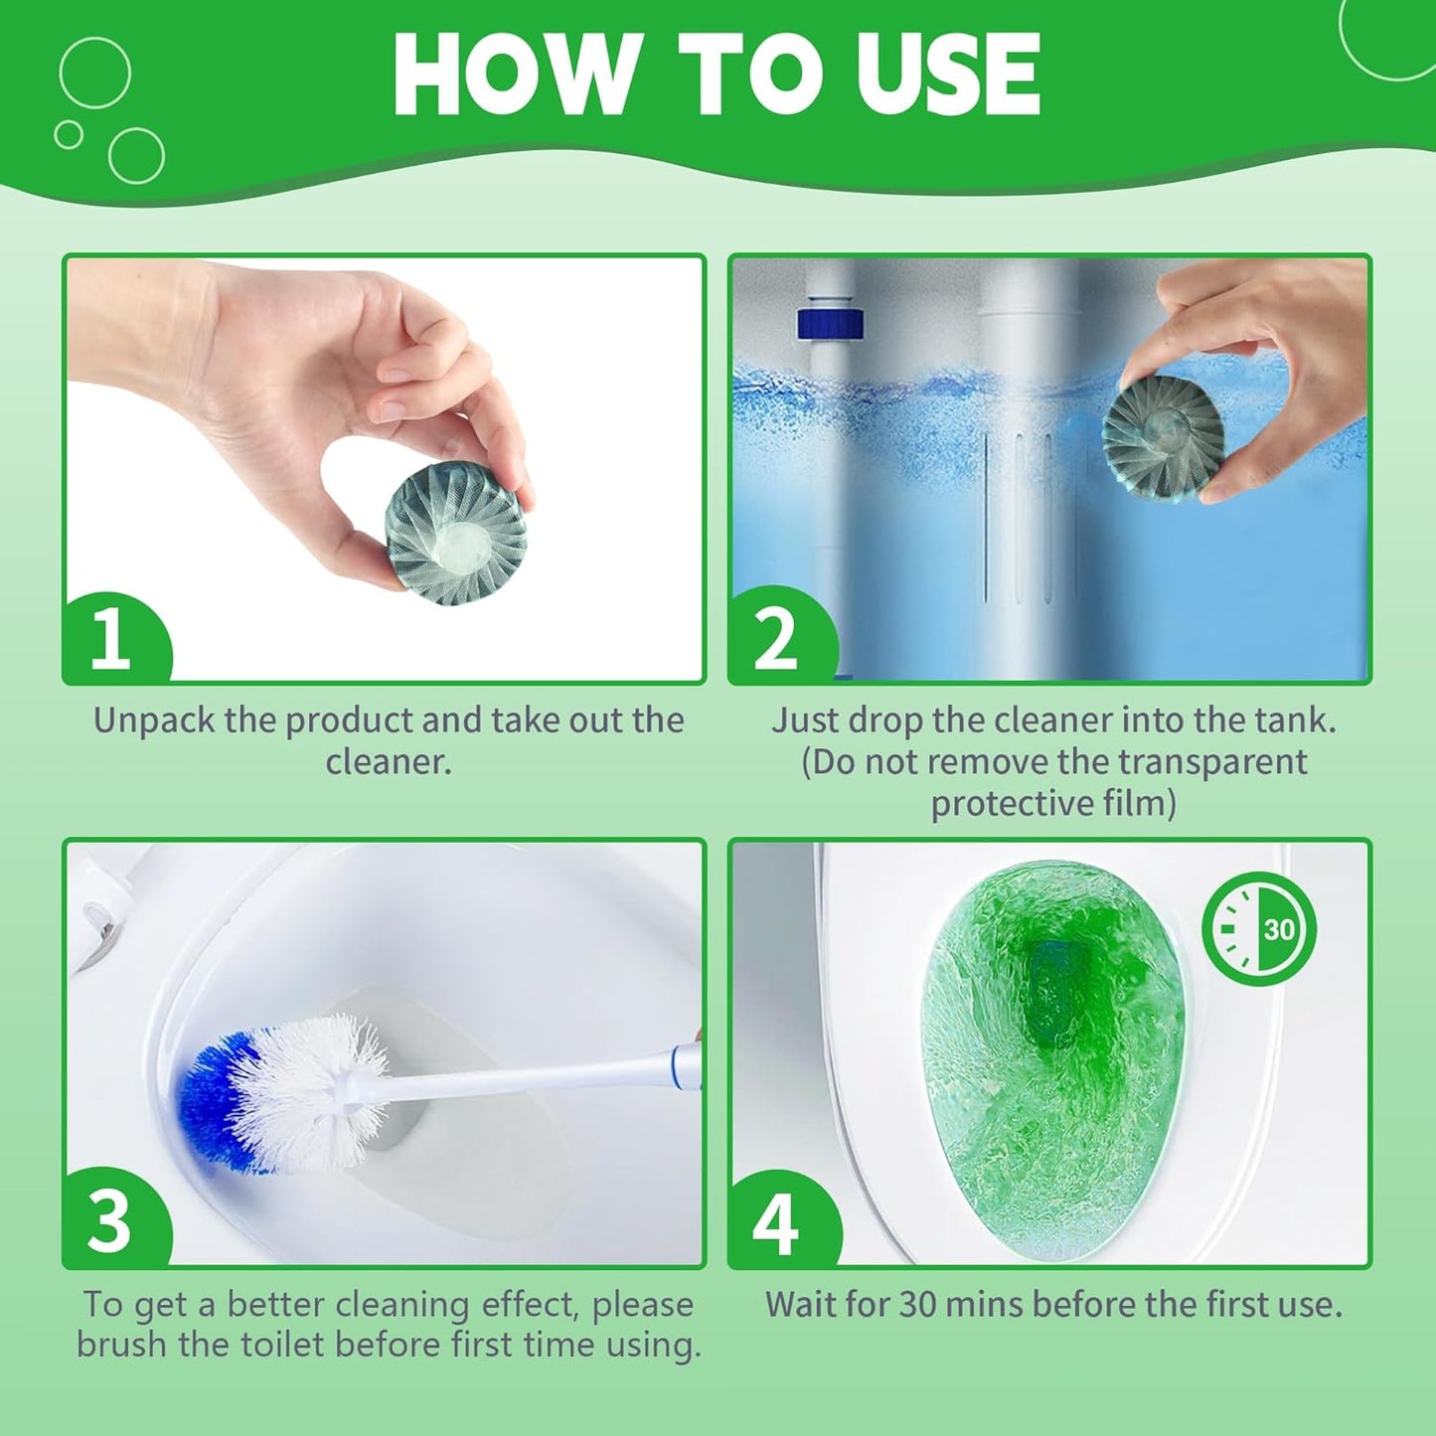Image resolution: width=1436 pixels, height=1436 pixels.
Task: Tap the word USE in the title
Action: [x=948, y=75]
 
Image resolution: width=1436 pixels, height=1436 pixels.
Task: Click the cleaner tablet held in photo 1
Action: [x=455, y=535]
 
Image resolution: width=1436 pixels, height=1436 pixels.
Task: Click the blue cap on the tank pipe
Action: [x=830, y=324]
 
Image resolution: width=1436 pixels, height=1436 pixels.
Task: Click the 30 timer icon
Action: [x=1259, y=929]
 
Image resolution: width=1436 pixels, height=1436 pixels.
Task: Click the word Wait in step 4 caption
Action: [x=799, y=1304]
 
